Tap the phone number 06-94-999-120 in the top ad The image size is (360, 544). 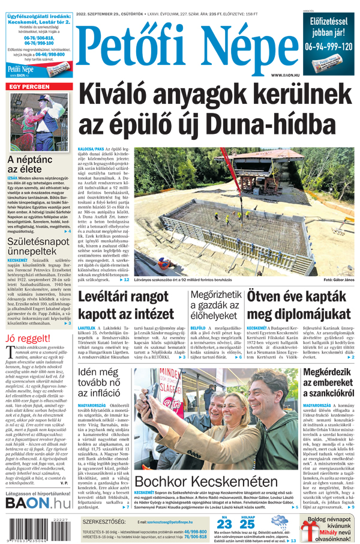[x=328, y=46]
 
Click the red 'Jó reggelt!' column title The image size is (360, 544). [x=27, y=338]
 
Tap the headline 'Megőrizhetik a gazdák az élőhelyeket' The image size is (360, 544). [x=216, y=306]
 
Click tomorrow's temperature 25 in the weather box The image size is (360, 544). [x=247, y=524]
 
